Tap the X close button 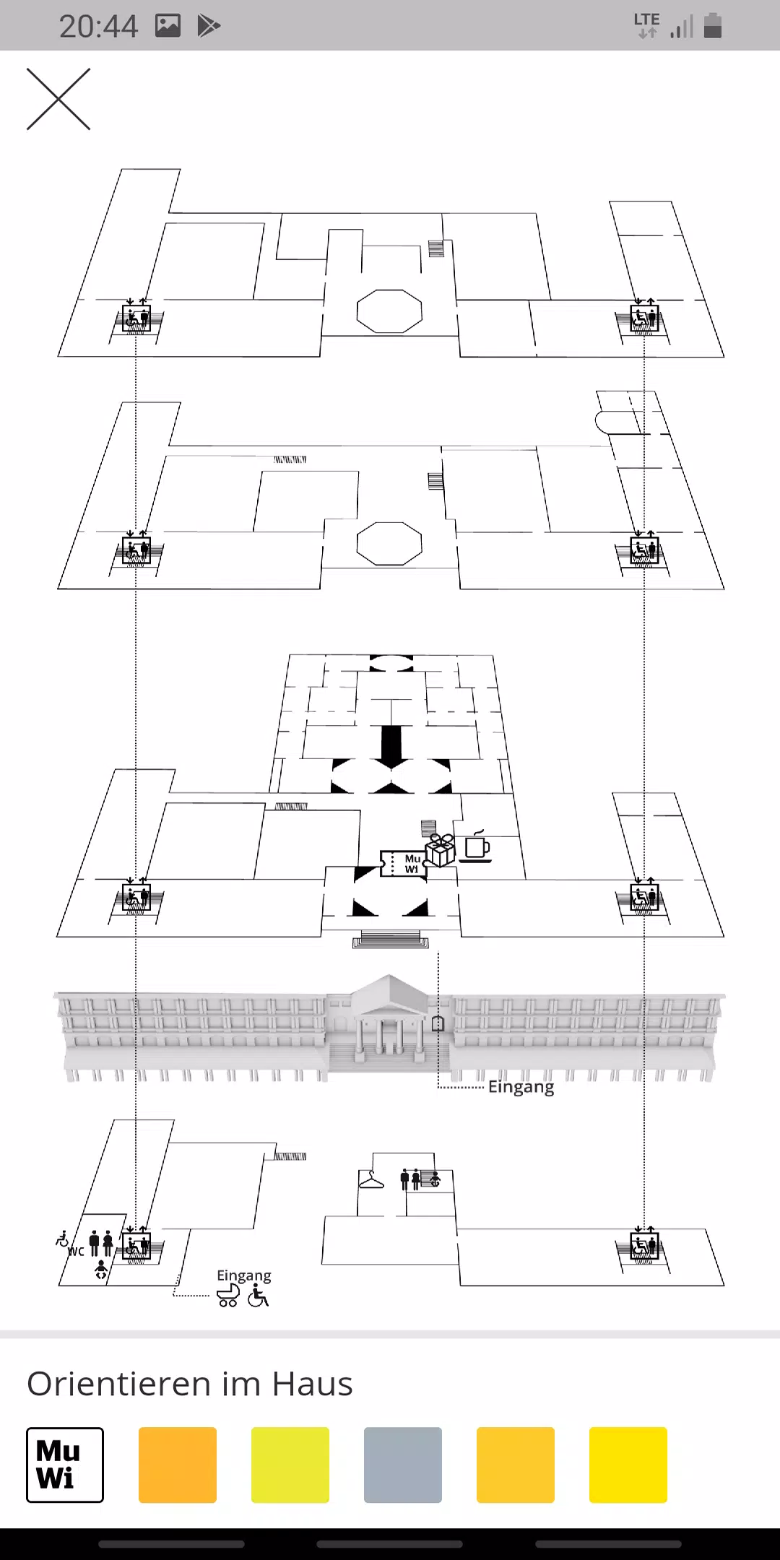coord(58,100)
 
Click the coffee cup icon coord(476,846)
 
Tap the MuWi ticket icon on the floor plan coord(403,864)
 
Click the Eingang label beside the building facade coord(521,1087)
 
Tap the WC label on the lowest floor coord(76,1252)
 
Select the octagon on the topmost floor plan coord(389,311)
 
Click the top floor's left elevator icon coord(136,318)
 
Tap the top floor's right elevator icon coord(644,318)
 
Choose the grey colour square coord(403,1465)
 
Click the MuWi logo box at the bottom coord(65,1465)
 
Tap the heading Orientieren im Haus coord(190,1384)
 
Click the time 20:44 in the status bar coord(98,26)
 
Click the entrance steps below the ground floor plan coord(390,940)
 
